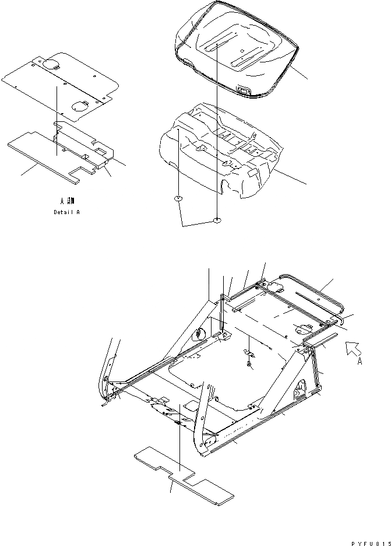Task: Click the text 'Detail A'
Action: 66,212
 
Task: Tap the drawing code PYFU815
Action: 369,542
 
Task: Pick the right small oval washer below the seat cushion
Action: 217,220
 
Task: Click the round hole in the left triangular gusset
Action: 199,334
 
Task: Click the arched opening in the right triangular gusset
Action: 302,386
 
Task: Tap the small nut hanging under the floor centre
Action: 249,365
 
